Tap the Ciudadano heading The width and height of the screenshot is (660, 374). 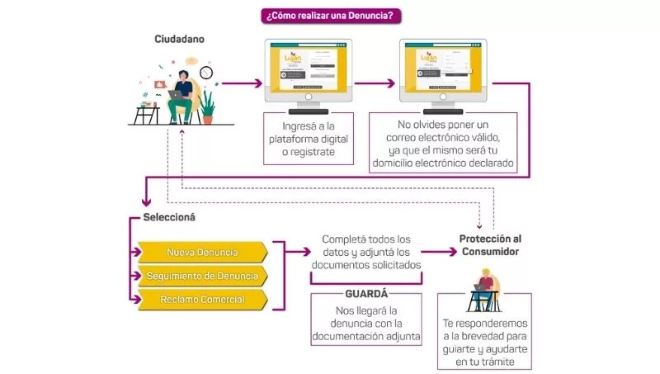179,39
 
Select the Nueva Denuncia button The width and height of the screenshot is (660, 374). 203,252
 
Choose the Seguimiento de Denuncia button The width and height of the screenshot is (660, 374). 203,275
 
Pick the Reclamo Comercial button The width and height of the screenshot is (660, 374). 203,299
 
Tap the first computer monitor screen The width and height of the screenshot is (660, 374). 308,67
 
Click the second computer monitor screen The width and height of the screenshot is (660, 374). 442,67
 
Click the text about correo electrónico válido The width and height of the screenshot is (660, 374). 442,142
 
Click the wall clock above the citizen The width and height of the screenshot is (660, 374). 206,73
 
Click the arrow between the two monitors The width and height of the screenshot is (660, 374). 375,83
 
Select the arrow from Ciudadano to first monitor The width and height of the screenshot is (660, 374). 243,83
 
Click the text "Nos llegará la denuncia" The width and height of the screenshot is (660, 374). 365,323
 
